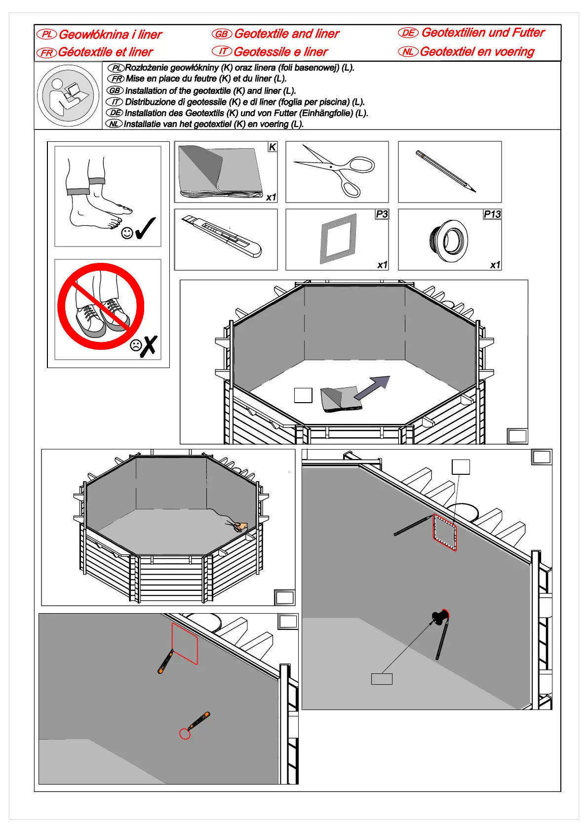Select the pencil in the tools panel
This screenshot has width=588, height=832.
click(x=446, y=171)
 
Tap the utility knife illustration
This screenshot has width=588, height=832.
click(x=222, y=237)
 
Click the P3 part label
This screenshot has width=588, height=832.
click(x=382, y=214)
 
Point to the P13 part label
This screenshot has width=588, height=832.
click(x=492, y=214)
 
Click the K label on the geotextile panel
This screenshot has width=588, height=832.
click(x=272, y=147)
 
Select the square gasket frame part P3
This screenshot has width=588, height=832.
click(x=338, y=239)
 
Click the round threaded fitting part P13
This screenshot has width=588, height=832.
click(x=448, y=241)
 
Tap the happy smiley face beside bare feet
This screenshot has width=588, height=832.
click(x=127, y=233)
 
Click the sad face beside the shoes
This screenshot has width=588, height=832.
click(x=136, y=345)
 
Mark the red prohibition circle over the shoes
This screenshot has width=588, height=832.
click(x=101, y=306)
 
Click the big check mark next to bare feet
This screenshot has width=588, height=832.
click(x=145, y=228)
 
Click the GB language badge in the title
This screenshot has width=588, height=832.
click(x=222, y=34)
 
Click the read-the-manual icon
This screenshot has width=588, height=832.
click(x=68, y=95)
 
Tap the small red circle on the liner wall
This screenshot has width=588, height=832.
click(x=185, y=734)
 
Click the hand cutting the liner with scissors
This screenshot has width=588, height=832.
click(x=240, y=527)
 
